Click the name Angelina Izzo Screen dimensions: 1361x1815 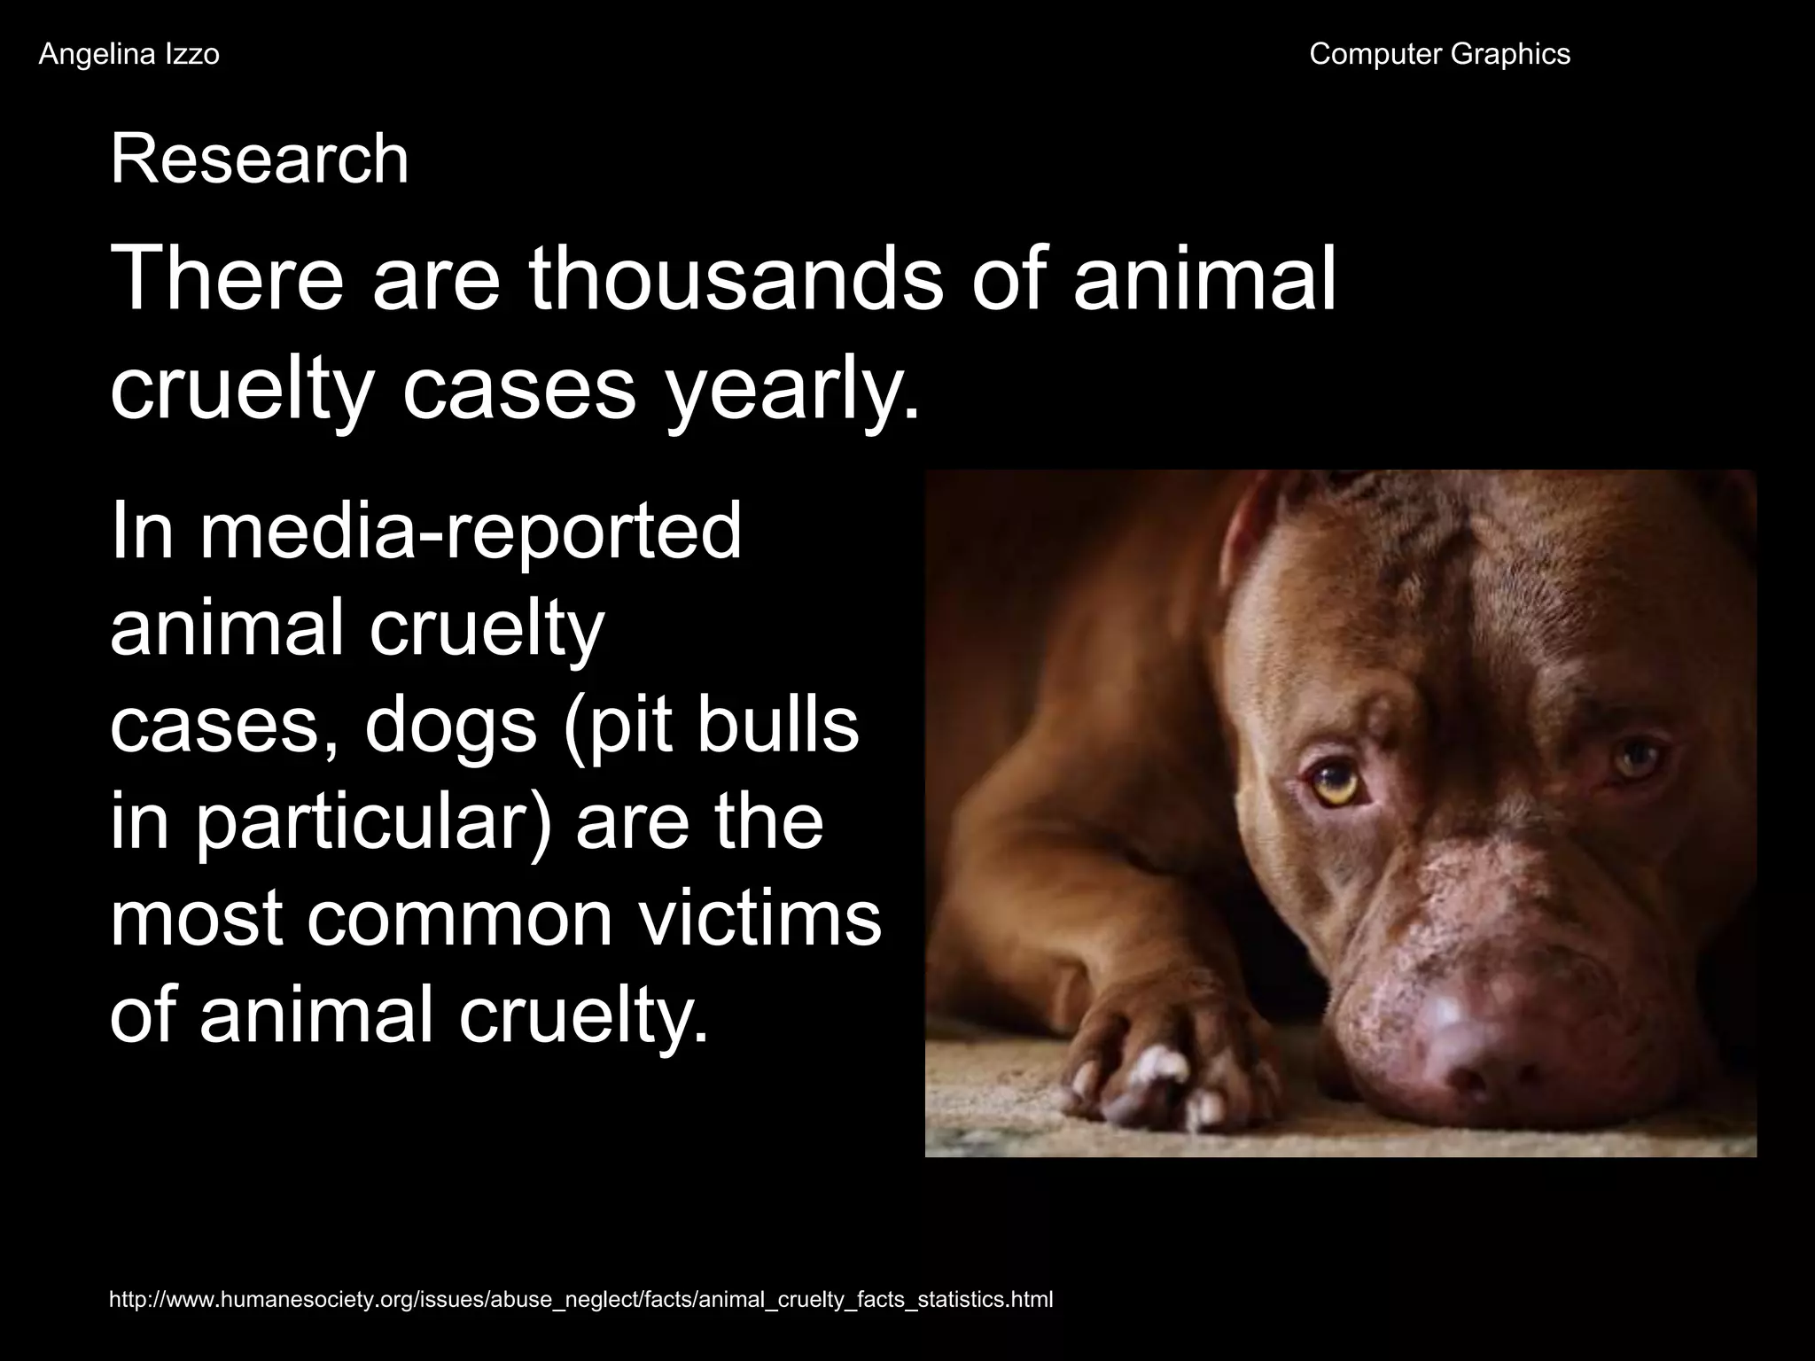129,55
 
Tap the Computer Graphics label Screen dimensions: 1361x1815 1439,55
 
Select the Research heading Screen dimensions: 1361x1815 259,159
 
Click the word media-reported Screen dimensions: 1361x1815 469,532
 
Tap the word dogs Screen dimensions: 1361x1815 450,725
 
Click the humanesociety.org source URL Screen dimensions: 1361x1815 580,1300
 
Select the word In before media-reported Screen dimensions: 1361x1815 141,532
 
